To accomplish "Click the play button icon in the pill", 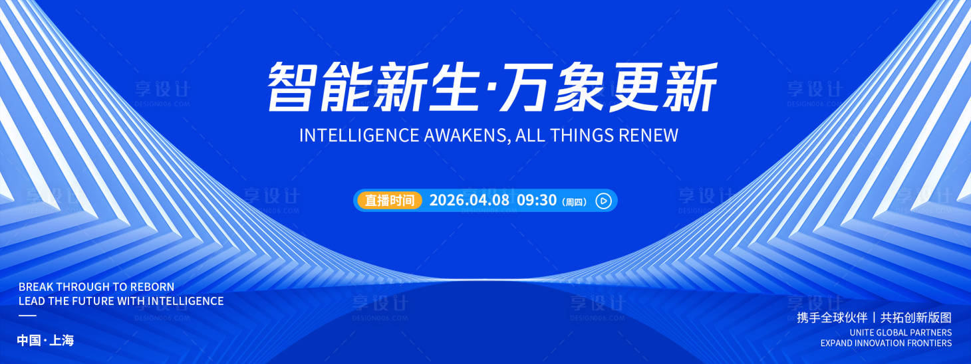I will tap(603, 201).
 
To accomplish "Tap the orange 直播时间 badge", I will tap(390, 201).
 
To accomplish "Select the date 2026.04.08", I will tap(469, 201).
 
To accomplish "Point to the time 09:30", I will tap(536, 201).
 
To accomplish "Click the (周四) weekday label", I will tap(575, 201).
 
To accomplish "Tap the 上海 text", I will tap(62, 341).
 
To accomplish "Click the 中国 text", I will tap(29, 341).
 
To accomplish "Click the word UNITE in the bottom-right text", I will tap(861, 332).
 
